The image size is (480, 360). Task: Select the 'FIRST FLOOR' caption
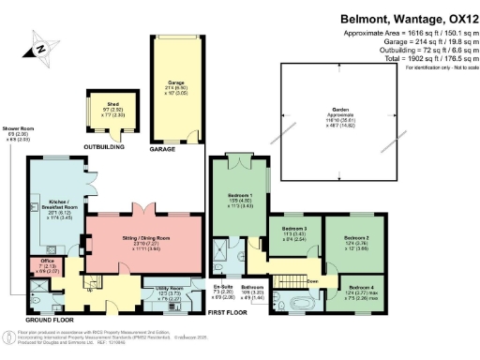[x=232, y=311]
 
